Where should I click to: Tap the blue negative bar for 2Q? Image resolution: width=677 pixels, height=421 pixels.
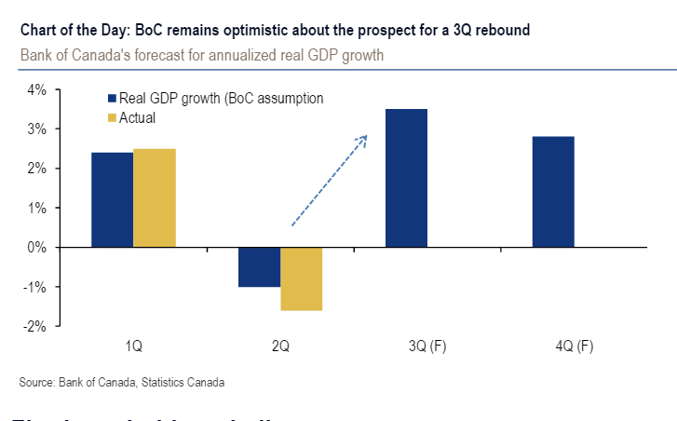click(259, 267)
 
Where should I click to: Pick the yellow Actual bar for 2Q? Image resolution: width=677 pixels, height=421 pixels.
click(301, 278)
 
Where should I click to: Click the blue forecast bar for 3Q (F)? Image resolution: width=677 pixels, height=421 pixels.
click(406, 178)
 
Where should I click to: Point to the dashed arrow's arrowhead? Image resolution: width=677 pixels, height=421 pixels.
click(363, 139)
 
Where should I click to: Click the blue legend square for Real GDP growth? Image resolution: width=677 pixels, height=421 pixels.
click(113, 99)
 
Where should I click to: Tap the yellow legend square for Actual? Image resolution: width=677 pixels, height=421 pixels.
click(113, 117)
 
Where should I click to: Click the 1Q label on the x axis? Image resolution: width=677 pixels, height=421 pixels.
click(133, 346)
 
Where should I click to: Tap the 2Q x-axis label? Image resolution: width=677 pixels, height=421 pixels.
click(280, 346)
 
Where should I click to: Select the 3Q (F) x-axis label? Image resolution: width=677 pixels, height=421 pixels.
click(427, 346)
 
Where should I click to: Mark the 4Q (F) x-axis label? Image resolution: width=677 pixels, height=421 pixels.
click(574, 346)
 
